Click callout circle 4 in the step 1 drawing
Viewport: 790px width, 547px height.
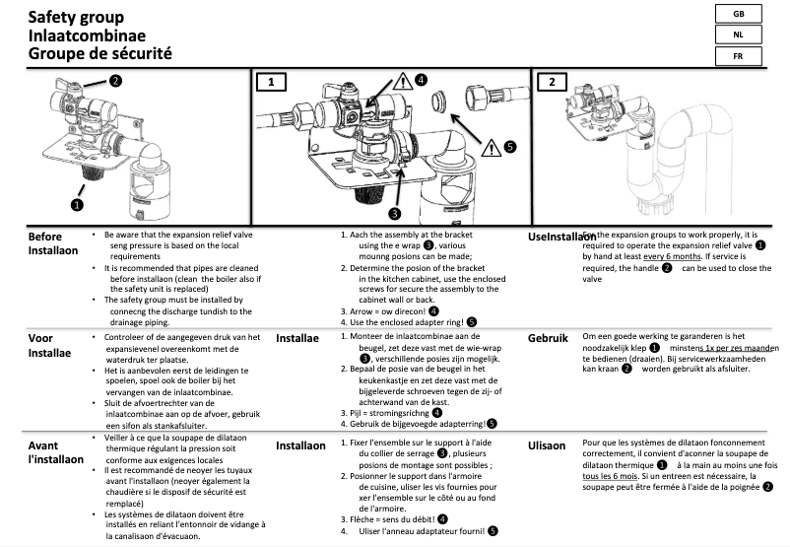tap(420, 80)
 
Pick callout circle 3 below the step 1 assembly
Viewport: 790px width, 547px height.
tap(393, 213)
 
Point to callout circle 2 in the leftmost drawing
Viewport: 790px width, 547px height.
tap(115, 80)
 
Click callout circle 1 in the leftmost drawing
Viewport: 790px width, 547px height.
tap(78, 205)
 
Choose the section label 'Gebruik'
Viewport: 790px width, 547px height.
tap(549, 338)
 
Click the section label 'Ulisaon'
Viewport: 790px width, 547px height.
tap(548, 445)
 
